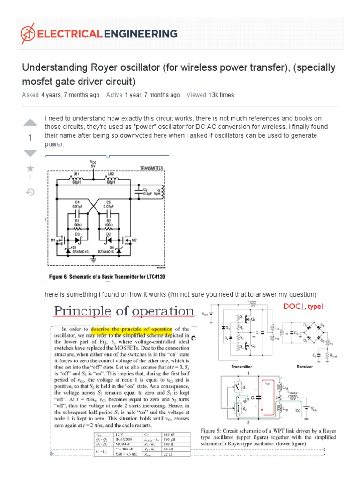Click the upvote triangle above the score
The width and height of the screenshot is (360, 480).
point(30,123)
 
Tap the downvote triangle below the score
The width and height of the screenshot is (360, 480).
point(30,153)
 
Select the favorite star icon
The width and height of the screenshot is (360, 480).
point(30,168)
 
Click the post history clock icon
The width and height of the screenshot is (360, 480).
point(30,192)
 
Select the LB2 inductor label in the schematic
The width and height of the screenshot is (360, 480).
point(111,174)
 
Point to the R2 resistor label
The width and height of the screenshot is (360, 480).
point(108,219)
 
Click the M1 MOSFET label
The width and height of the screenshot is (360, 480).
point(53,241)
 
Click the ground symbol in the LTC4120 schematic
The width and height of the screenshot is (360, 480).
point(93,258)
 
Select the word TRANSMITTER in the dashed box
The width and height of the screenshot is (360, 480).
point(151,167)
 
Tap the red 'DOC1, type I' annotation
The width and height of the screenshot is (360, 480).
point(303,306)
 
